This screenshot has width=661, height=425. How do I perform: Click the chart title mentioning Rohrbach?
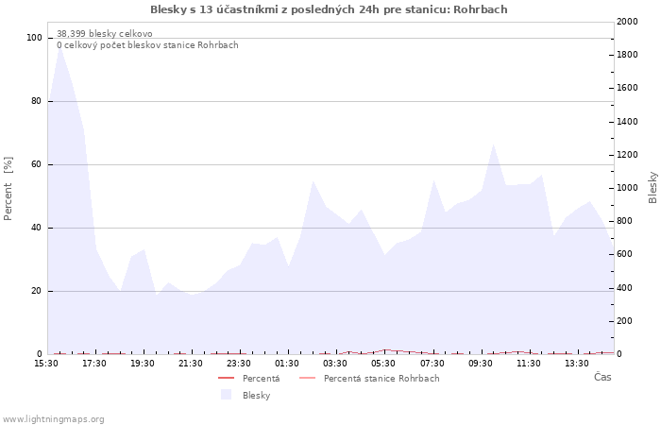point(329,9)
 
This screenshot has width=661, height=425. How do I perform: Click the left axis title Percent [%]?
point(8,189)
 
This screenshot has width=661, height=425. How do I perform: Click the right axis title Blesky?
point(653,187)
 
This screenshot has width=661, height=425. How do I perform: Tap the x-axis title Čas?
point(602,377)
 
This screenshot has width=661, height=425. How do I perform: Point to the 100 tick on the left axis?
point(35,38)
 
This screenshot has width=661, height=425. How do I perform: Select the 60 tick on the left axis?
point(37,164)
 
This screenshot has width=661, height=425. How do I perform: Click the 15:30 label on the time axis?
point(45,363)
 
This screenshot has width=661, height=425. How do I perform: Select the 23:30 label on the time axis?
point(240,363)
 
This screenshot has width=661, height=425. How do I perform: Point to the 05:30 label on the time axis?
point(384,363)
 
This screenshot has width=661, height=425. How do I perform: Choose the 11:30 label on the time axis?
point(529,363)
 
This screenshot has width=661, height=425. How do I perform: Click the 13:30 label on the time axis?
point(577,363)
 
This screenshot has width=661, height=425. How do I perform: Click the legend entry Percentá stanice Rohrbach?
point(381,379)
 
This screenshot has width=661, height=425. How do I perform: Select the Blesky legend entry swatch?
point(226,395)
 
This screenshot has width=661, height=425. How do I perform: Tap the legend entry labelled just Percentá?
point(261,379)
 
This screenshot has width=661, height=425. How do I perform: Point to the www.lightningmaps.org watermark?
point(53,418)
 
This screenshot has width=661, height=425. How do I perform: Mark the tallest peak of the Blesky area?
point(60,44)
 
